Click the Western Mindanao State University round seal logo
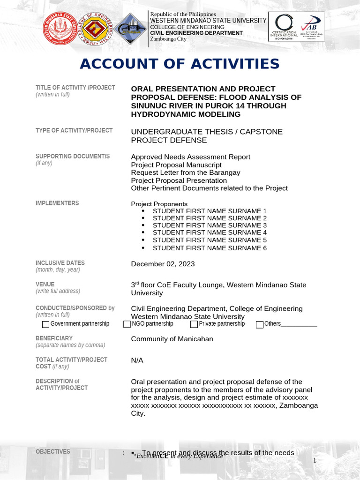(61, 29)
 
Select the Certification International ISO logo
(283, 26)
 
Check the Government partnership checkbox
(45, 324)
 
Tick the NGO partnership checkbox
(127, 324)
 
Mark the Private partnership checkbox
(194, 324)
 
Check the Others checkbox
(260, 324)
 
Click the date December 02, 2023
(162, 264)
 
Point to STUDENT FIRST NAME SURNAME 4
(210, 232)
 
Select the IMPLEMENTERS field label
(57, 203)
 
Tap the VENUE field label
(45, 284)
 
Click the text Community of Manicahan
(172, 339)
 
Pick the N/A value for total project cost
(137, 360)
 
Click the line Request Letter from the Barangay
(185, 172)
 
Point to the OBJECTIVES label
(53, 451)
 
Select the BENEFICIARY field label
(54, 338)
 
